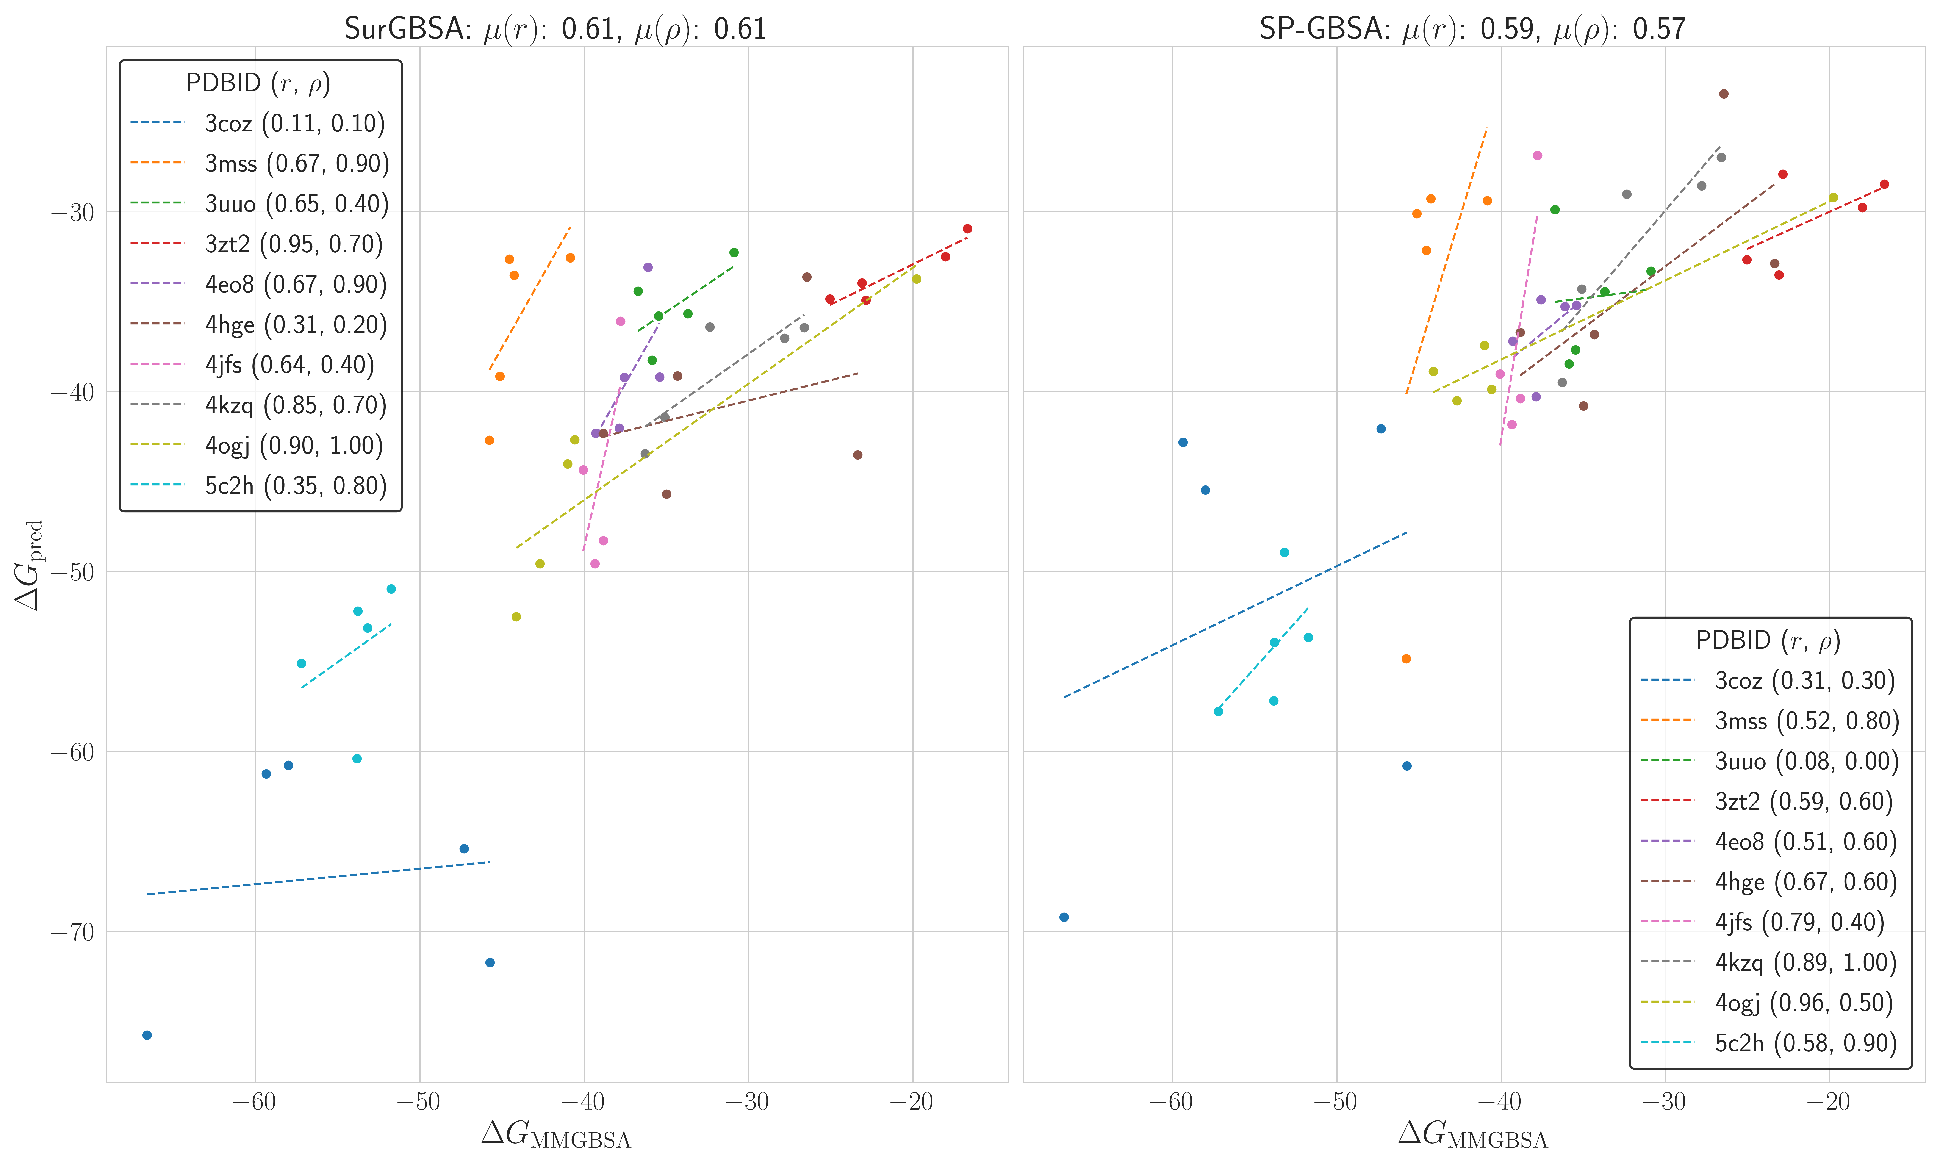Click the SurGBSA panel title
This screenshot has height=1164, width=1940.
555,29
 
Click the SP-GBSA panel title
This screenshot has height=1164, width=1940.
1472,29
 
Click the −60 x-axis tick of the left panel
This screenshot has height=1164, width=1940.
254,1102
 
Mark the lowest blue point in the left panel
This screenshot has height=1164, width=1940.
147,1035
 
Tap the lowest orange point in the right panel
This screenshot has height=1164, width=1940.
1406,659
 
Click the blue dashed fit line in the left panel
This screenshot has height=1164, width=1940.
318,878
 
